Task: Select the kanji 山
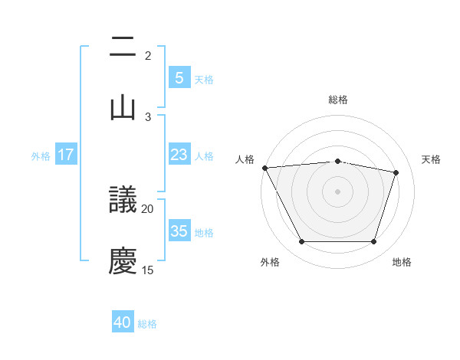click(x=123, y=107)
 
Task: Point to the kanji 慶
click(x=123, y=261)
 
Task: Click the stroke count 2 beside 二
click(x=148, y=56)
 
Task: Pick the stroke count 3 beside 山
click(x=148, y=116)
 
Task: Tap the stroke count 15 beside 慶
click(x=148, y=270)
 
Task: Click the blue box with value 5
click(x=179, y=77)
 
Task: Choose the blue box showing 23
click(x=179, y=155)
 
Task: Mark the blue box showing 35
click(x=179, y=231)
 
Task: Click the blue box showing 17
click(x=66, y=155)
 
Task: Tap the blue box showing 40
click(x=123, y=322)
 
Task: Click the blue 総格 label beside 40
click(x=147, y=324)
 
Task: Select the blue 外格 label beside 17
click(x=41, y=155)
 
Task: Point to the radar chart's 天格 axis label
click(x=432, y=159)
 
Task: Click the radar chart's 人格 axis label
click(x=245, y=159)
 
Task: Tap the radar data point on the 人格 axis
click(x=264, y=168)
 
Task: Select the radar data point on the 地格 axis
click(x=373, y=242)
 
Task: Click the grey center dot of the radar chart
click(x=337, y=191)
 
